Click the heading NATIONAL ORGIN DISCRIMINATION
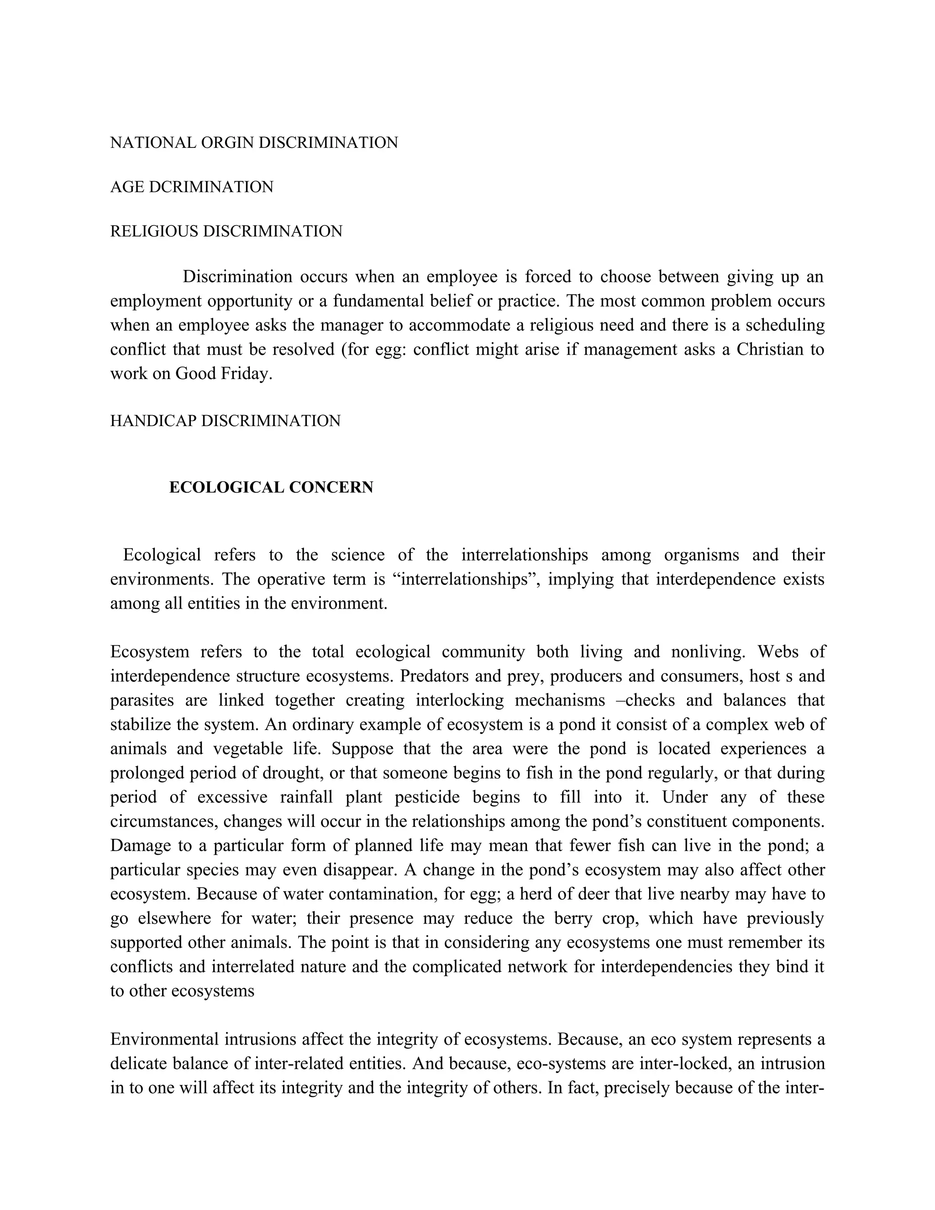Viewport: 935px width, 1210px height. click(x=254, y=143)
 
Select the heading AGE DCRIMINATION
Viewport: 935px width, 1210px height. click(x=192, y=187)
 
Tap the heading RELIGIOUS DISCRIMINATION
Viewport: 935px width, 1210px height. click(x=226, y=231)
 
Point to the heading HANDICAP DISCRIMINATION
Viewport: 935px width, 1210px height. click(x=225, y=421)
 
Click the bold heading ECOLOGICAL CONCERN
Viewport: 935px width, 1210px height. click(x=271, y=488)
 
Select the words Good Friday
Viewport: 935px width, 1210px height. click(x=223, y=374)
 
